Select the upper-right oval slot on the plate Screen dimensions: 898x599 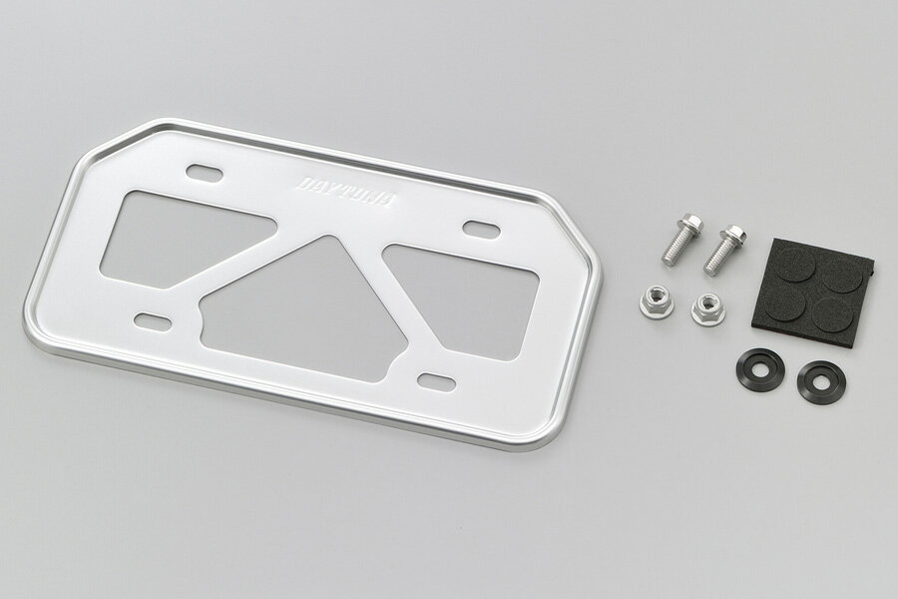pos(481,228)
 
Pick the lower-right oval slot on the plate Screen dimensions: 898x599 pos(436,380)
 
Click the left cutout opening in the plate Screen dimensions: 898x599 pos(178,239)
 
